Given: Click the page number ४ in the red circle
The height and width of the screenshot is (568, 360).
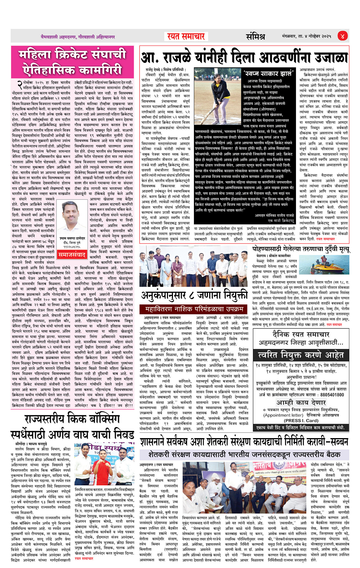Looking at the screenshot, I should (x=342, y=36).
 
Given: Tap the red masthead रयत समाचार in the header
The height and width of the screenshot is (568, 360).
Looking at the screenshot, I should (x=186, y=37).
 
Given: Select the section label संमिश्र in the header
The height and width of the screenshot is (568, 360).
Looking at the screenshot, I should (x=255, y=37).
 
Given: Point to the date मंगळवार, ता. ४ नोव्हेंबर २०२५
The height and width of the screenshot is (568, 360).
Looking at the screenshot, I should (x=306, y=37).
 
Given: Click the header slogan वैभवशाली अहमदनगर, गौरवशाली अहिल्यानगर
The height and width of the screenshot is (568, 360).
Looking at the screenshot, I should (x=78, y=37).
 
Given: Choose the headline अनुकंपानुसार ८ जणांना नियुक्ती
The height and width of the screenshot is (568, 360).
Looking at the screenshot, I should (x=194, y=294).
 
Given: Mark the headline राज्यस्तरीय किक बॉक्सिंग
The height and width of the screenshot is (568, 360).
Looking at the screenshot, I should (x=72, y=419).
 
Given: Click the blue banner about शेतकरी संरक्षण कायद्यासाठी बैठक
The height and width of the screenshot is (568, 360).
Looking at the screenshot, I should (x=244, y=454).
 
